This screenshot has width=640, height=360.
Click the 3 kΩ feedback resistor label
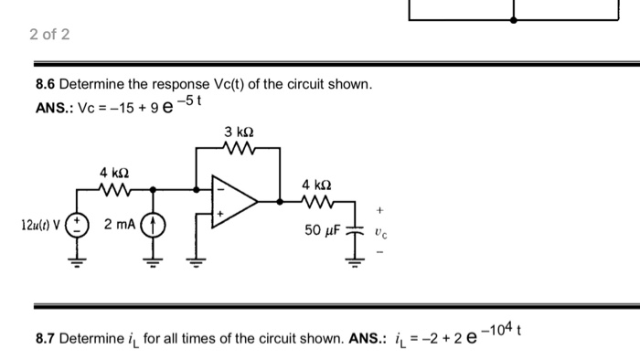pos(234,132)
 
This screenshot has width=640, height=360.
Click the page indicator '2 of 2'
pos(49,35)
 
